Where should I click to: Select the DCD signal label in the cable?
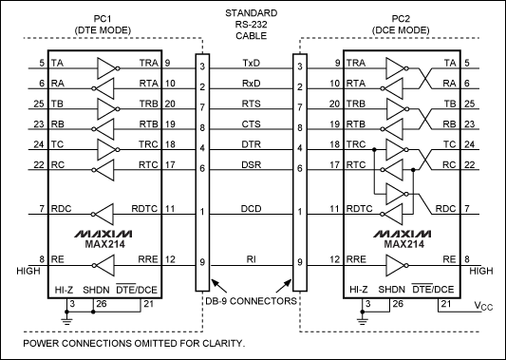pos(251,208)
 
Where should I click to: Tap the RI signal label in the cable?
pos(251,259)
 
